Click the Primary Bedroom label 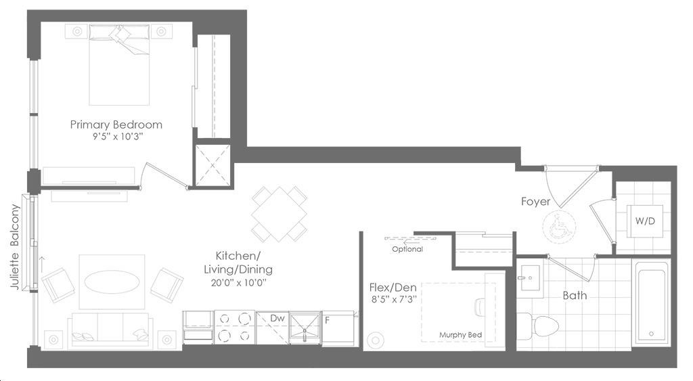click(116, 125)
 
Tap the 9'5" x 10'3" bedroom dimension click(116, 137)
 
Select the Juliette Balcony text click(15, 246)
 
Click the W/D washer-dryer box click(645, 221)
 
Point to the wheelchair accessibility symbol click(559, 227)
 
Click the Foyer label click(536, 202)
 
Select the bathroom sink click(529, 278)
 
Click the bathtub click(652, 302)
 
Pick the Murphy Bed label click(460, 335)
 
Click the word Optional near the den click(407, 249)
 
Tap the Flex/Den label click(393, 288)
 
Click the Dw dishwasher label click(277, 318)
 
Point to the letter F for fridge click(327, 319)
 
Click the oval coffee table click(112, 282)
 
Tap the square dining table click(279, 215)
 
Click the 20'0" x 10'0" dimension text click(238, 283)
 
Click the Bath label click(575, 295)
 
